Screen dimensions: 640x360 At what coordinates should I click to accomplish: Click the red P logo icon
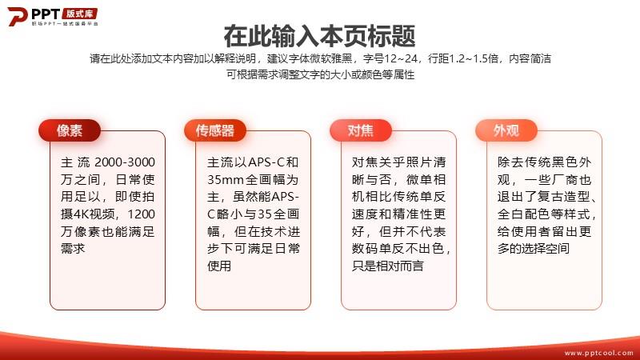click(x=17, y=16)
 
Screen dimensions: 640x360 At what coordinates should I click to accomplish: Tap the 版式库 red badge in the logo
click(x=80, y=14)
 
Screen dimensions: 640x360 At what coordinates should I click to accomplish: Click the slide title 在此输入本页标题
click(x=319, y=36)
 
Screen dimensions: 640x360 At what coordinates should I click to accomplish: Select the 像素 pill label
click(x=70, y=130)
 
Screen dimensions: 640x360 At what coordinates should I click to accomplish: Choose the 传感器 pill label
click(x=215, y=130)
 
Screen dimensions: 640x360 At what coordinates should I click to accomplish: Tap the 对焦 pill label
click(x=361, y=130)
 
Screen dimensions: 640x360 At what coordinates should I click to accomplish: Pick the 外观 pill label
click(x=506, y=130)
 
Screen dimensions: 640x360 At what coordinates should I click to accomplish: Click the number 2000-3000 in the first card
click(x=125, y=162)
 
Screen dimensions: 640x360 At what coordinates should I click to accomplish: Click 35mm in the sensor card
click(x=224, y=179)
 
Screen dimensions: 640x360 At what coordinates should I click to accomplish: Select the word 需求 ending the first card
click(x=73, y=248)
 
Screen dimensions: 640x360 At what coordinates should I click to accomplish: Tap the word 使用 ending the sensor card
click(x=219, y=266)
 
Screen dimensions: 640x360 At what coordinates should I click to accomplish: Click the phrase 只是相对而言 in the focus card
click(x=388, y=266)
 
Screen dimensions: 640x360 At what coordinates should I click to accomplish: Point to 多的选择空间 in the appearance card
click(x=534, y=248)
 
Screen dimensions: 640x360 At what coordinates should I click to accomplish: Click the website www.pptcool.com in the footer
click(x=598, y=353)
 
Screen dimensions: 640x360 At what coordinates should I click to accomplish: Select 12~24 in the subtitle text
click(x=401, y=58)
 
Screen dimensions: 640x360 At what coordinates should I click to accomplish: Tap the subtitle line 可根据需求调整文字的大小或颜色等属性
click(x=321, y=74)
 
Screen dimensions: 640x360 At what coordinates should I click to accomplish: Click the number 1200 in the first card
click(x=142, y=214)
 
